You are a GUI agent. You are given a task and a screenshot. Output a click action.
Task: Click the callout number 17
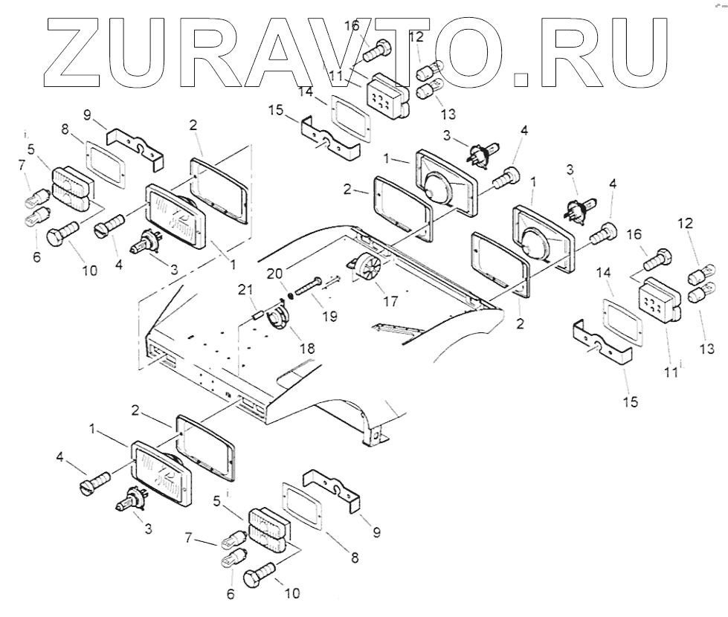[390, 301]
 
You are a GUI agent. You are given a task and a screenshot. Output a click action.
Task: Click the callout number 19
[329, 316]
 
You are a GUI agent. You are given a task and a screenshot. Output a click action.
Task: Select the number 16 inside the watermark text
[352, 27]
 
